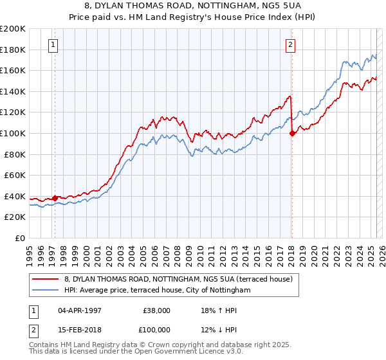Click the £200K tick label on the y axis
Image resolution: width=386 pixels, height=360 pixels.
pyautogui.click(x=13, y=29)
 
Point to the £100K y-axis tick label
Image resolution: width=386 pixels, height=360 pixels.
pyautogui.click(x=13, y=133)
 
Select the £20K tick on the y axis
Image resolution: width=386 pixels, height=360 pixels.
pyautogui.click(x=15, y=217)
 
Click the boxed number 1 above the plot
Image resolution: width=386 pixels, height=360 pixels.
pyautogui.click(x=52, y=45)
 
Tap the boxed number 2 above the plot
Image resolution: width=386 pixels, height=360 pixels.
pyautogui.click(x=291, y=45)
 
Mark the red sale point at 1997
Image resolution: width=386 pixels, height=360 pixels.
pyautogui.click(x=55, y=198)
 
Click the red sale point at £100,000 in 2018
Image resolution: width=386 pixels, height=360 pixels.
pyautogui.click(x=292, y=134)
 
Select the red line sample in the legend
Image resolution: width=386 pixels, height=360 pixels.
pyautogui.click(x=46, y=279)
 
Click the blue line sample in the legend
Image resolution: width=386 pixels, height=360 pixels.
pyautogui.click(x=46, y=291)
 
